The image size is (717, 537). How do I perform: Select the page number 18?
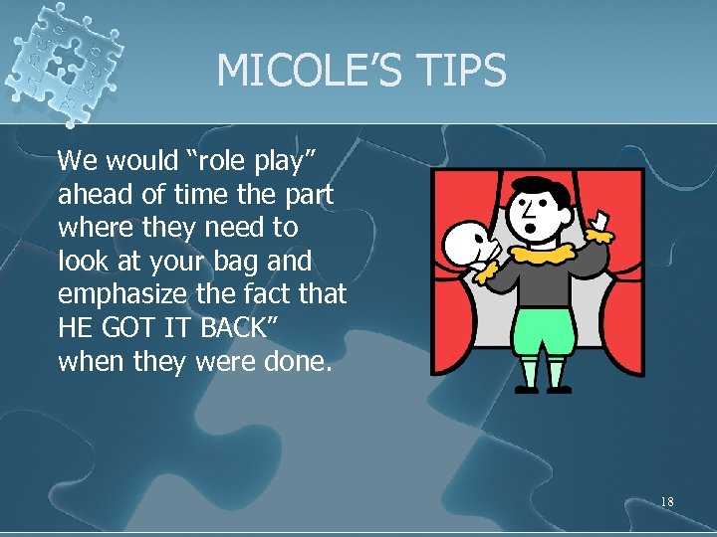pos(666,502)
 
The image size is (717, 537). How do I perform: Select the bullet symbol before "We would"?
pos(48,161)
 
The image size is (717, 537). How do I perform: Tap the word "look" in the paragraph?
pos(84,261)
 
